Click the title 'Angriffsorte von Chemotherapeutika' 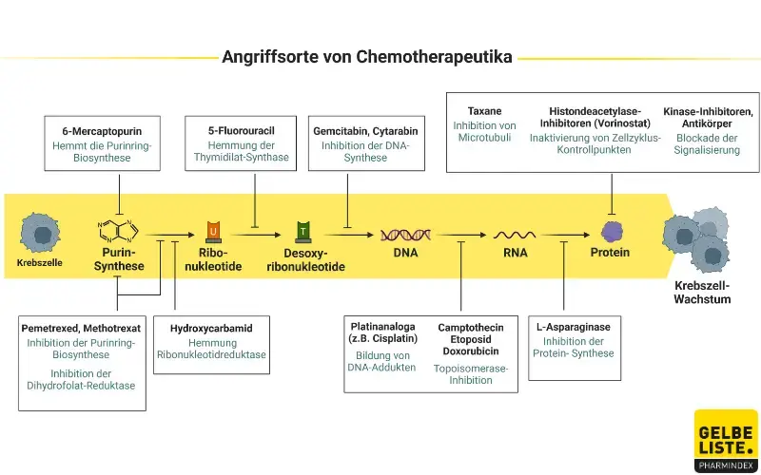point(367,57)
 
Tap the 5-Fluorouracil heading point(247,130)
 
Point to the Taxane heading point(484,111)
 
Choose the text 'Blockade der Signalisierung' point(708,143)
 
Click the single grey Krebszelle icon point(40,232)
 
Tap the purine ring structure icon point(119,230)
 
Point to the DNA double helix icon point(406,234)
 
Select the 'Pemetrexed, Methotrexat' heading point(81,328)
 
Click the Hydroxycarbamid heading point(211,328)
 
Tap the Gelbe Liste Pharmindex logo point(726,440)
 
